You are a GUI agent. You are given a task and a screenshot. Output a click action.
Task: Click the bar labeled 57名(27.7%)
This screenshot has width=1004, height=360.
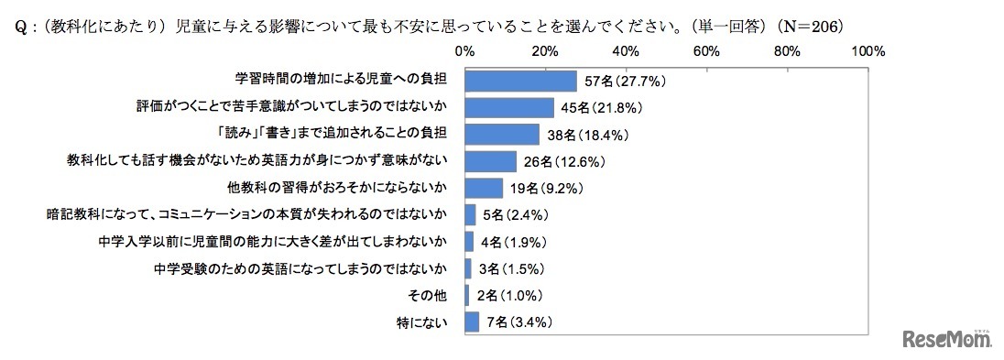(x=520, y=81)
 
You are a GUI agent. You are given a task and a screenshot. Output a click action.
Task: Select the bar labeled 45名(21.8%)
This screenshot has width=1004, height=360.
(x=509, y=108)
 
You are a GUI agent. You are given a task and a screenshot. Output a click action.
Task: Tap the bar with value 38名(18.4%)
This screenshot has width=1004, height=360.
(x=502, y=135)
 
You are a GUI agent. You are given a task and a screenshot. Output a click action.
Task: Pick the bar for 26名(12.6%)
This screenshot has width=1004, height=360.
(x=491, y=161)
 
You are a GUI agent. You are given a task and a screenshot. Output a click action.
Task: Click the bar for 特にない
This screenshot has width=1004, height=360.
(x=473, y=322)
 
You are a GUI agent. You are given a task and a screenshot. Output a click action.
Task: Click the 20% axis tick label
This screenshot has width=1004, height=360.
(x=546, y=49)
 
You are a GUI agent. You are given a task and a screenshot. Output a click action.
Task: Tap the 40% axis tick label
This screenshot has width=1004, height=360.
(x=627, y=49)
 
